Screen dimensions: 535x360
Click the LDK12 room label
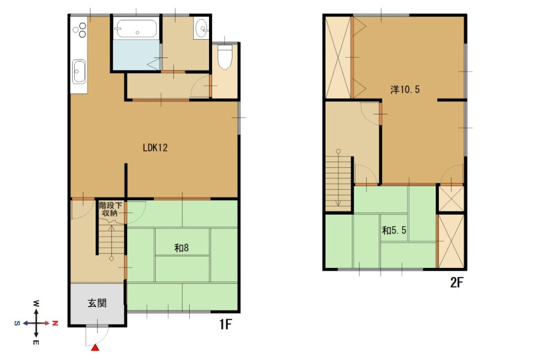[155, 148]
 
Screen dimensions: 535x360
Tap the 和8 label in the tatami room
[181, 248]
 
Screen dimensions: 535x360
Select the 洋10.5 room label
[405, 89]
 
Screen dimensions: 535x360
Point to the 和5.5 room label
[394, 230]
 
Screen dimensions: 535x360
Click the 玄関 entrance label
[97, 303]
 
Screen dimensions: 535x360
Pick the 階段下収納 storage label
[110, 209]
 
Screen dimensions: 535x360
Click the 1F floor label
[225, 324]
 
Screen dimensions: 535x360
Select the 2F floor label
[457, 283]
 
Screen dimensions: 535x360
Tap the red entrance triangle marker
[96, 347]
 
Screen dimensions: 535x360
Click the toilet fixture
[225, 57]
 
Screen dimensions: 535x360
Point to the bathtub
[136, 29]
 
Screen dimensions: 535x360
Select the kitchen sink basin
[79, 72]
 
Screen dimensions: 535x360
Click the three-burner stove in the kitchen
[80, 30]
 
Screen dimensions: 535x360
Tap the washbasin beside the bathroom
[201, 28]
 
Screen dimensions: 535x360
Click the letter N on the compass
[55, 323]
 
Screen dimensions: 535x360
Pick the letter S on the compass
[17, 323]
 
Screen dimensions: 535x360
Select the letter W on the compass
[36, 304]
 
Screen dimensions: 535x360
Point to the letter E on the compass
[36, 342]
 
